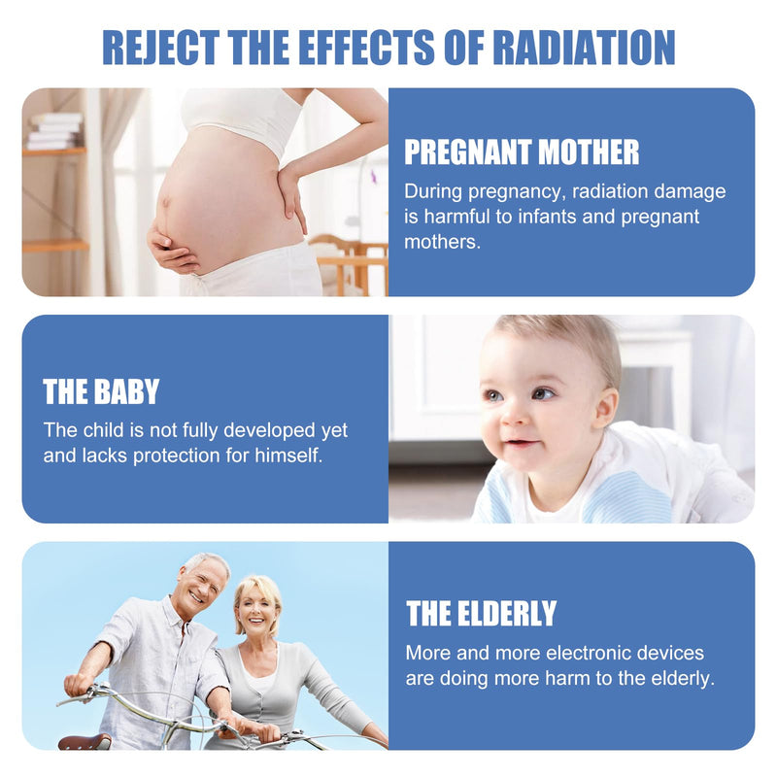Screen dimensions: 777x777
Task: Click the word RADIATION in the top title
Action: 584,47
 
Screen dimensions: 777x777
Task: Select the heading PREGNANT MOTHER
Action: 522,152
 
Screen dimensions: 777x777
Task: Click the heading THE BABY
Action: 101,391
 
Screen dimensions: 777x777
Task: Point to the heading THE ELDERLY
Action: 481,614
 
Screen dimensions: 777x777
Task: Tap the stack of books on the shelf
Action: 55,131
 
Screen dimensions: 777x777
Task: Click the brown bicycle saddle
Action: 85,742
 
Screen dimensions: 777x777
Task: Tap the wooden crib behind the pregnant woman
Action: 351,265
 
